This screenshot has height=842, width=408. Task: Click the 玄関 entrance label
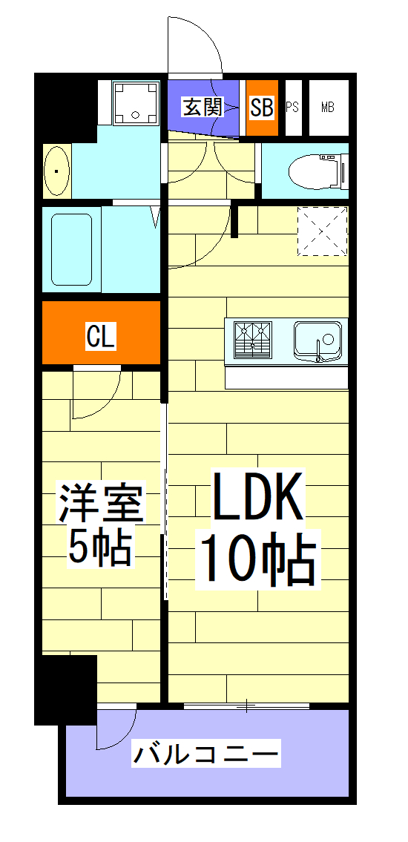tap(203, 108)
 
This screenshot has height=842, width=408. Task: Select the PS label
tap(292, 108)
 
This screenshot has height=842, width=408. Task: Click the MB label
tap(327, 108)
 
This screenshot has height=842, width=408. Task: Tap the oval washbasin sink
tap(56, 171)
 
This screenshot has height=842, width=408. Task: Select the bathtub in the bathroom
tap(71, 249)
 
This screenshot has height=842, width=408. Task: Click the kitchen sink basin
tap(317, 340)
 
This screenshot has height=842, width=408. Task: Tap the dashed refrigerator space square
tap(322, 231)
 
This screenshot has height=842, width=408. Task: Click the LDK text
tap(257, 498)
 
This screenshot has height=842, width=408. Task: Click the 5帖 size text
tap(101, 547)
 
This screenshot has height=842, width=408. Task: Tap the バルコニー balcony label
tap(206, 755)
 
